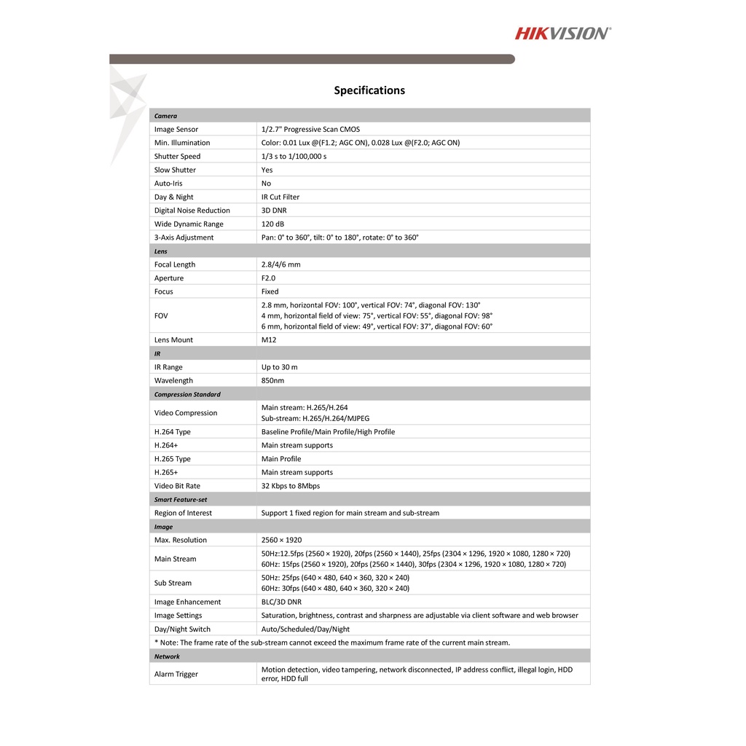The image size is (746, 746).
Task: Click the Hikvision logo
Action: coord(563,33)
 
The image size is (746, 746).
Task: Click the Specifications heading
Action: coord(369,90)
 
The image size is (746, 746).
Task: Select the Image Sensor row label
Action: coord(176,130)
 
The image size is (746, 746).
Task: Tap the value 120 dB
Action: coord(273,224)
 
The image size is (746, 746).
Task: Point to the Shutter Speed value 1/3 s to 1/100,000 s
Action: coord(294,157)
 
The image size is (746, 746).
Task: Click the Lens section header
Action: coord(161,251)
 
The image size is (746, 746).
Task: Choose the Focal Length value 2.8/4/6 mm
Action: coord(280,264)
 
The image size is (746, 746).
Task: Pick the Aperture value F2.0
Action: coord(269,278)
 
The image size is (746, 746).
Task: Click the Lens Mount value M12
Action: coord(269,340)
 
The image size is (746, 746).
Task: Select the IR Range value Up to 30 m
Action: coord(279,367)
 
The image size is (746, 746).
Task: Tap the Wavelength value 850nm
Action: coord(272,380)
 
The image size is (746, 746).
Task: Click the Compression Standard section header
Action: coord(187,394)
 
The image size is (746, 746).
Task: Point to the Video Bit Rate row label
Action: coord(177,486)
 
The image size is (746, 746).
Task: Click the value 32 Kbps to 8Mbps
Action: coord(290,486)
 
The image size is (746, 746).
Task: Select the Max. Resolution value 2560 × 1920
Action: coord(281,540)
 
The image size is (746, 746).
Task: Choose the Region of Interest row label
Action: coord(183,513)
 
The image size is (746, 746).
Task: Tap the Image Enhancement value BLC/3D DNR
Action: coord(281,602)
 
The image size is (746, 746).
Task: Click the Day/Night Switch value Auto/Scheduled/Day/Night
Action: coord(305,629)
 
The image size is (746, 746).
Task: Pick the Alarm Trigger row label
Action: coord(176,675)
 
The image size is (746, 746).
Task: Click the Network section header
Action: coord(167,656)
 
